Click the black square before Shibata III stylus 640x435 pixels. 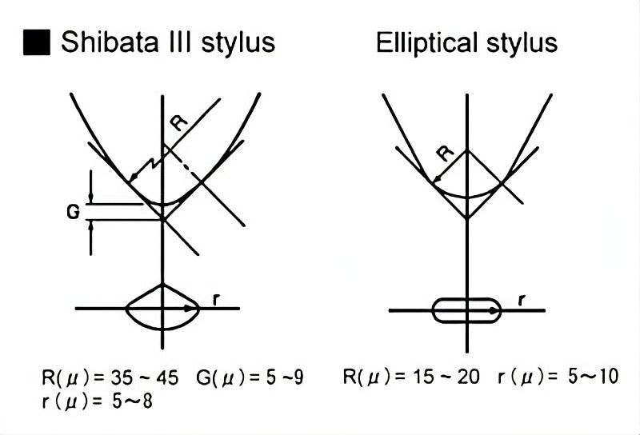click(38, 42)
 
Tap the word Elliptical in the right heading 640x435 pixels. click(430, 42)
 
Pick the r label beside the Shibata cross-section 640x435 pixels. click(216, 300)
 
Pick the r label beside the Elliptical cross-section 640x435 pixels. click(522, 301)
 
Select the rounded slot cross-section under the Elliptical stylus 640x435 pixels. click(466, 309)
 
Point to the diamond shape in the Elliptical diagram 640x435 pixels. click(467, 184)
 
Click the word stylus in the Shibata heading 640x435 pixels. click(239, 42)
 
